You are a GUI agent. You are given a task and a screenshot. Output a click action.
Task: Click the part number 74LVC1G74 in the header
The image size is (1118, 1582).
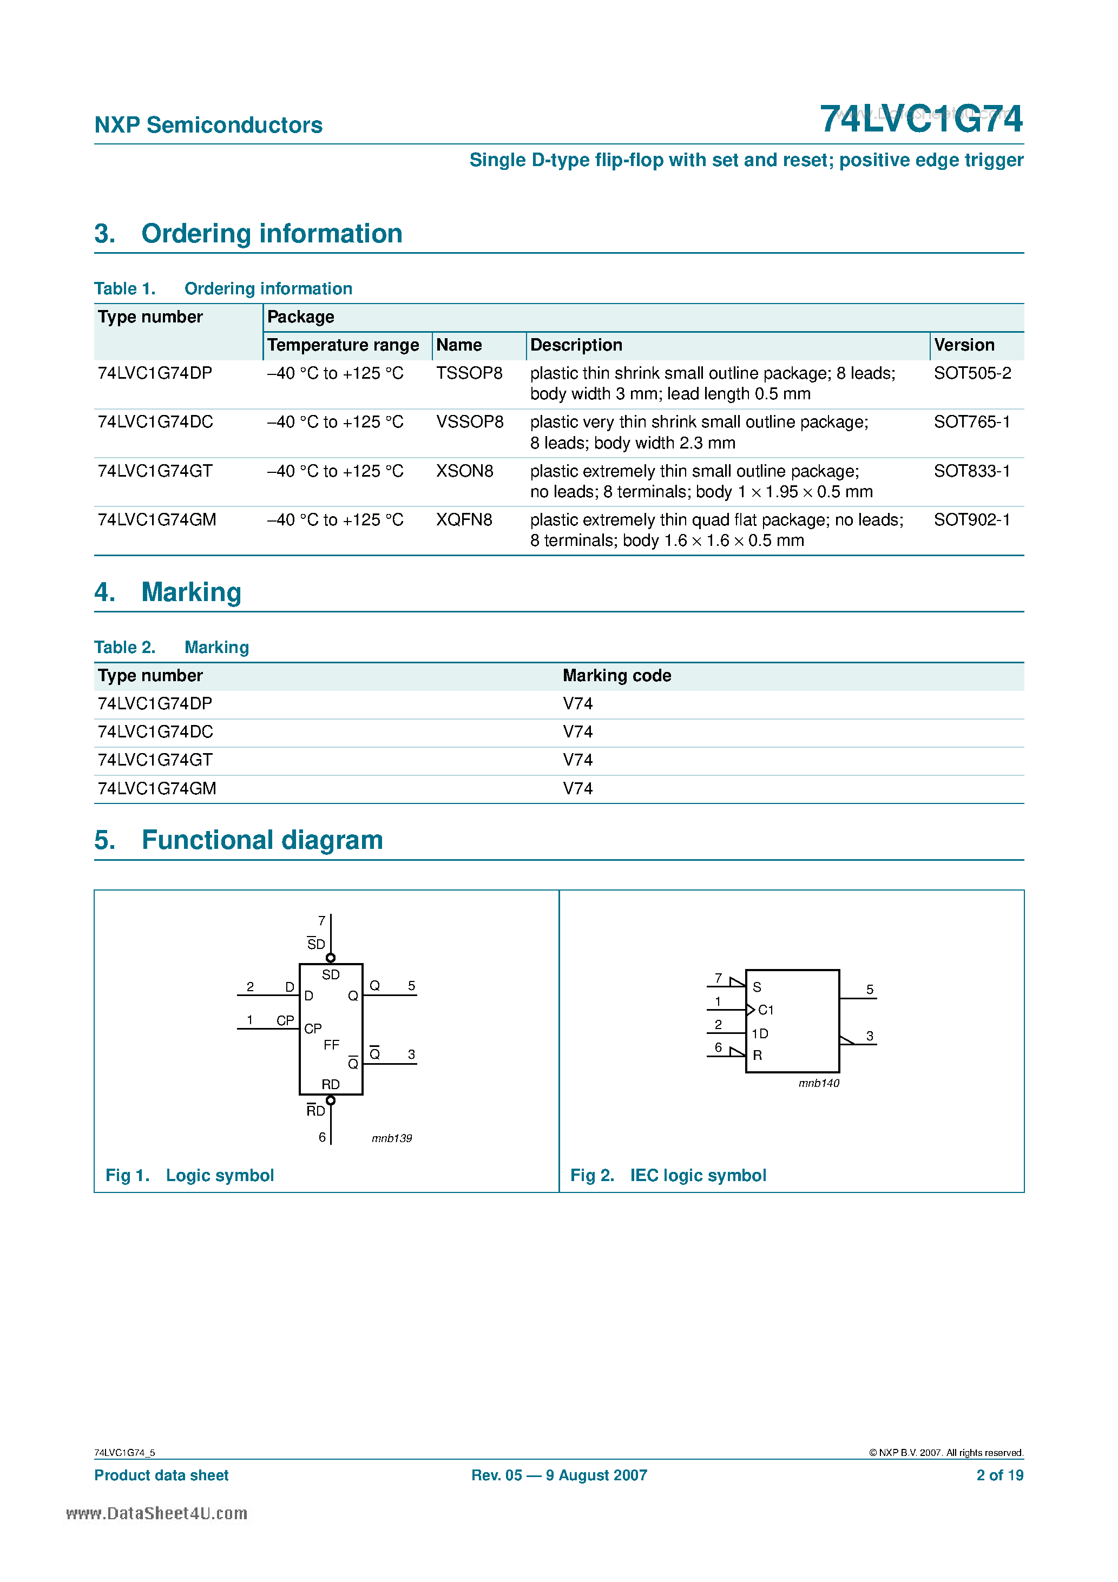921,119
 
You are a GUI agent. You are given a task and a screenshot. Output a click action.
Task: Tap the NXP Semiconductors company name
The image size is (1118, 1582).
208,125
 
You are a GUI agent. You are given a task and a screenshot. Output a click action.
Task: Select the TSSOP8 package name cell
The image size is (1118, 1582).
469,373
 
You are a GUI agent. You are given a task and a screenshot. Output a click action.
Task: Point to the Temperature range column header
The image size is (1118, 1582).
343,345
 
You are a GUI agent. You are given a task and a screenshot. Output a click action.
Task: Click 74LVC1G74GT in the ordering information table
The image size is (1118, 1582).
155,471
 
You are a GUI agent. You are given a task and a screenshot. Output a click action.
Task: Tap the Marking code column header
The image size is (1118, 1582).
616,675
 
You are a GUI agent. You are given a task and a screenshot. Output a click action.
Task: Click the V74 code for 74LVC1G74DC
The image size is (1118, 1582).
577,731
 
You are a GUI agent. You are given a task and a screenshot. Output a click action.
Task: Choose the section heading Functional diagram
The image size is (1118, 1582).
262,840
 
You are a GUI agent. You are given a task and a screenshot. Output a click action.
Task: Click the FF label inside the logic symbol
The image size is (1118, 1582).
331,1045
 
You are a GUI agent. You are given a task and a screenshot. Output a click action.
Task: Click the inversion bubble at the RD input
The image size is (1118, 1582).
331,1100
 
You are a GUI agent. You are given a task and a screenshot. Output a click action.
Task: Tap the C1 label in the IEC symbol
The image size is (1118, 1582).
765,1010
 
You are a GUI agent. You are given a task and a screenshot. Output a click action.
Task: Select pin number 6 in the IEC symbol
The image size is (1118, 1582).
718,1047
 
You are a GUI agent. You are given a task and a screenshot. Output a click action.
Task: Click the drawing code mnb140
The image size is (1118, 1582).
818,1083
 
